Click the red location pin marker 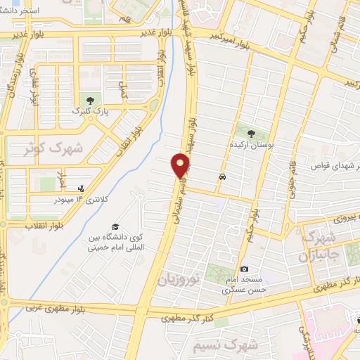click(x=181, y=165)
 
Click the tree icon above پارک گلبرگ click(x=88, y=98)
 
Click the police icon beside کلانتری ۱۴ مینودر click(x=82, y=188)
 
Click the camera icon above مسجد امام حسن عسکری click(x=244, y=269)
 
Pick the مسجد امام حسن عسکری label click(x=239, y=284)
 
